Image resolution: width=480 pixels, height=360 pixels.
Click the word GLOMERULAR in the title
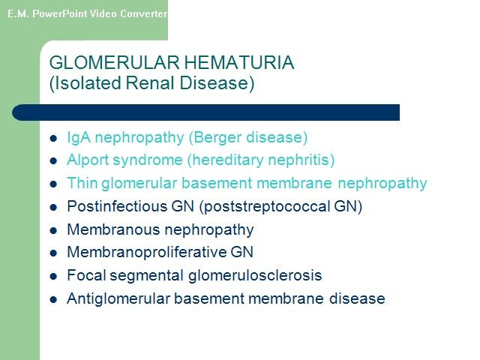(x=114, y=62)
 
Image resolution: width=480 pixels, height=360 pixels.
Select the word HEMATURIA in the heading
(x=239, y=62)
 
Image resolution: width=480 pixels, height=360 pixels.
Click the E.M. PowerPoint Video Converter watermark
(x=87, y=13)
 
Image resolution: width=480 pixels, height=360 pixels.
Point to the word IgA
(x=79, y=138)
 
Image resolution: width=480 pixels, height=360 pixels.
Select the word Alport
(x=88, y=160)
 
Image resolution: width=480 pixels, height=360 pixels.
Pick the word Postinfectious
(x=117, y=206)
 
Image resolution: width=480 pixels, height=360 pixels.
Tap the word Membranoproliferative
(x=147, y=252)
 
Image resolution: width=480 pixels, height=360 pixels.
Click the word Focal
(x=86, y=275)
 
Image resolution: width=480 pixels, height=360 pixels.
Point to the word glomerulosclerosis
(x=255, y=275)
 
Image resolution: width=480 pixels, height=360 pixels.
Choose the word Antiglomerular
(x=118, y=298)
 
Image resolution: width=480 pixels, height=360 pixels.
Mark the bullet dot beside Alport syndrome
(x=53, y=160)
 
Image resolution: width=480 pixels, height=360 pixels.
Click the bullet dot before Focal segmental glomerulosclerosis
(x=53, y=276)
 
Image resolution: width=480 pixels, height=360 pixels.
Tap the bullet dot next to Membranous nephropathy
(x=53, y=230)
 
